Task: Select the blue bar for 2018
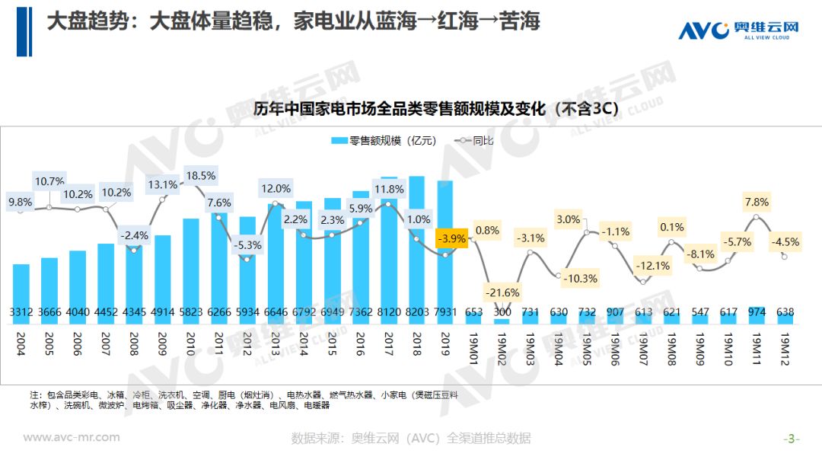pos(416,244)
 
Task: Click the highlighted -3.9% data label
pos(451,238)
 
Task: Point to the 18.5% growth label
pos(201,176)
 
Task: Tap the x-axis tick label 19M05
pos(587,348)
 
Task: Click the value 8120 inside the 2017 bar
pos(388,312)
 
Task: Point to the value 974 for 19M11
pos(756,312)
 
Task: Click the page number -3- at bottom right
pos(792,439)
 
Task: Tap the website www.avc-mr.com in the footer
pos(72,437)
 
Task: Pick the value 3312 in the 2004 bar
pos(21,312)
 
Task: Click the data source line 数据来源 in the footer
pos(410,439)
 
